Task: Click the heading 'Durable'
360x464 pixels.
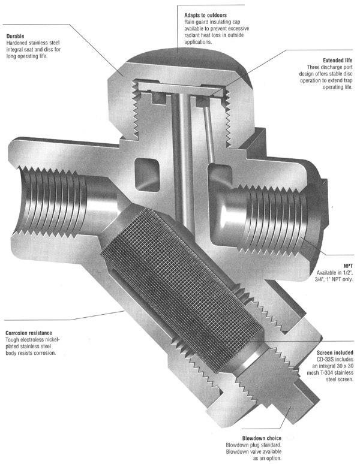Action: (x=15, y=36)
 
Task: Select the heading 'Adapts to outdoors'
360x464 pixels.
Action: (x=205, y=15)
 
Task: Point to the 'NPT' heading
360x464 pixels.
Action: (x=348, y=266)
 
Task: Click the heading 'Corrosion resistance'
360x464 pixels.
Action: (x=29, y=333)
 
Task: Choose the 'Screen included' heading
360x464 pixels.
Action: (x=335, y=352)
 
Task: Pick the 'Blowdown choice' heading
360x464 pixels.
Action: (x=262, y=438)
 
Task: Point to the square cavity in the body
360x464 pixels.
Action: (x=147, y=174)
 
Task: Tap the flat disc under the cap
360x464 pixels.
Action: (x=181, y=86)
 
